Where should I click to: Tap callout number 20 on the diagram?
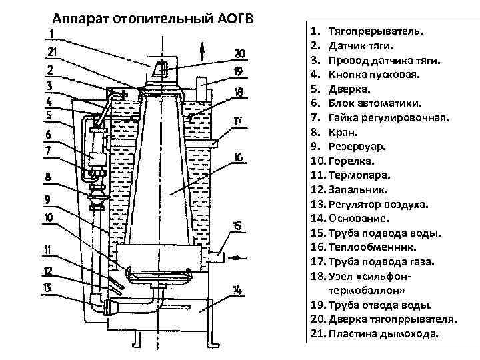click(239, 53)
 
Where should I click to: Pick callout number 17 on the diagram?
click(238, 121)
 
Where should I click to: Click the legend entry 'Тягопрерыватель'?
click(377, 31)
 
